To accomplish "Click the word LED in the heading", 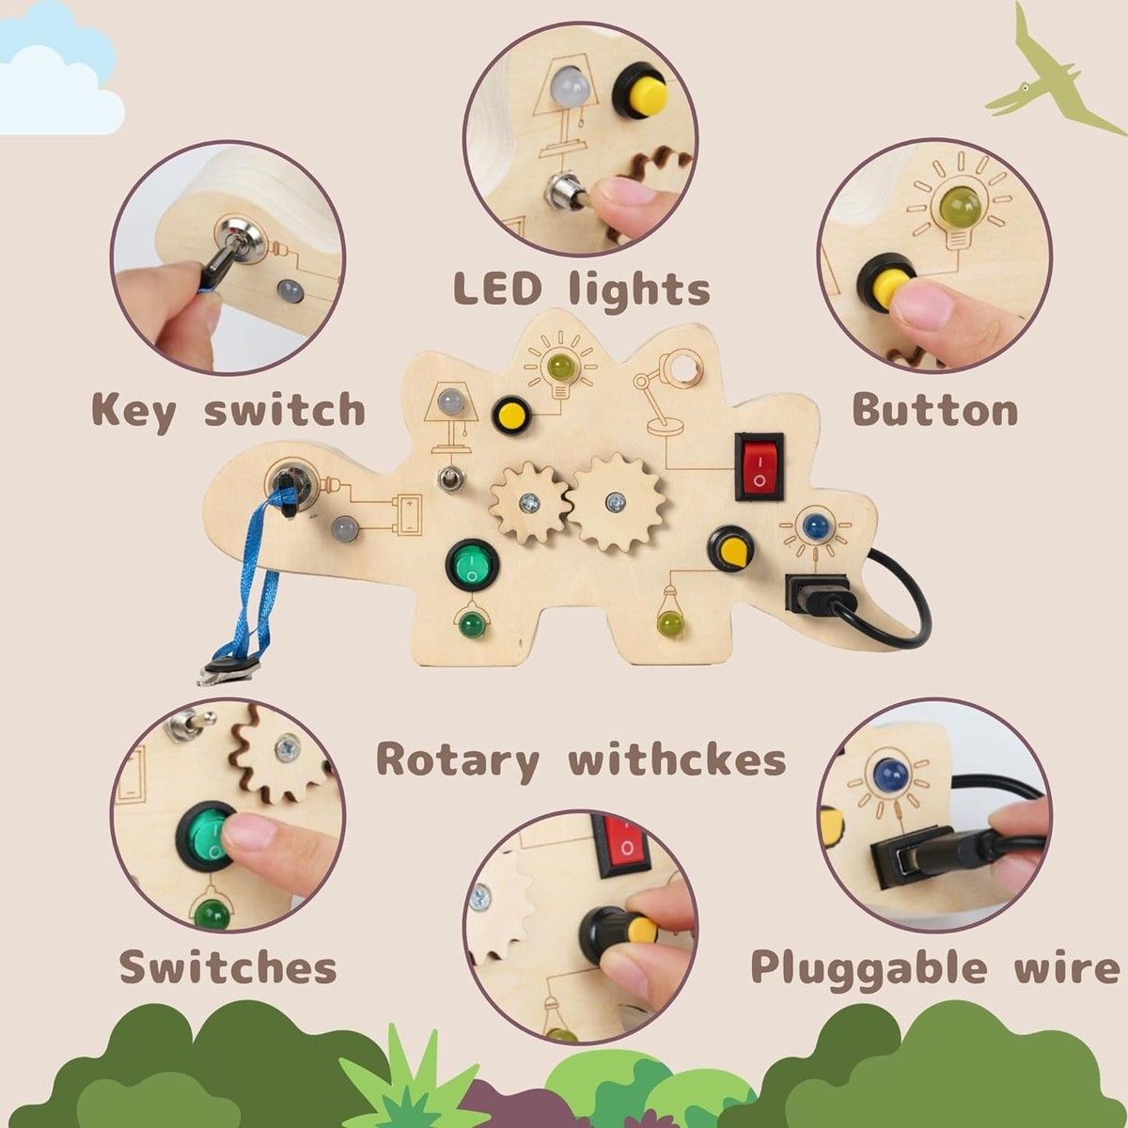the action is (497, 289).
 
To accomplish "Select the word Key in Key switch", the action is (134, 412).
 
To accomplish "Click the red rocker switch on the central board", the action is (760, 466).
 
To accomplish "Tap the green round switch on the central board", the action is (471, 566).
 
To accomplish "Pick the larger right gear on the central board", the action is (616, 502).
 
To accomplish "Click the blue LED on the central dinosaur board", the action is (814, 526).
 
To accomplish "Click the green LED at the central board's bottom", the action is (472, 623).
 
